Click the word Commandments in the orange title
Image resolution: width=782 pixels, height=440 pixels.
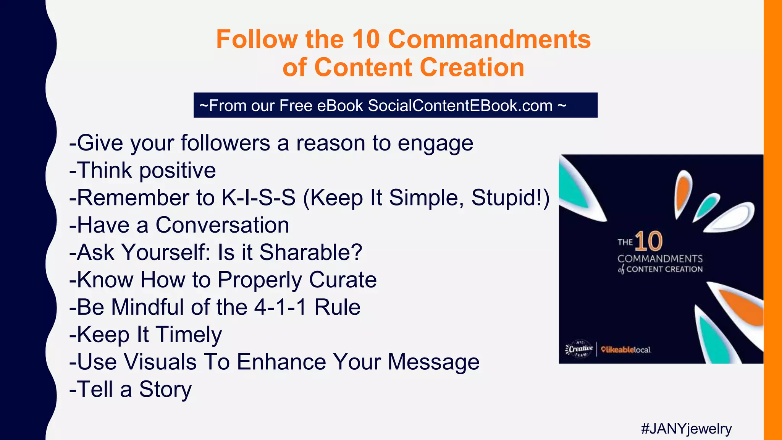(489, 39)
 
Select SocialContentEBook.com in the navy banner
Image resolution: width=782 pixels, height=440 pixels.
(460, 105)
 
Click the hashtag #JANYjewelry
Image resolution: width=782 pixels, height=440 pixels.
(686, 429)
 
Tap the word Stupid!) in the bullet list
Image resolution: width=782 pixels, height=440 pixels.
(510, 198)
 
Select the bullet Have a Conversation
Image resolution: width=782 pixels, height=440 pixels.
(179, 225)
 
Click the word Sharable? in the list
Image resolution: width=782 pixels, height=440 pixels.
(310, 252)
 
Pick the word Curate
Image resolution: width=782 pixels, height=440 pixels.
(343, 280)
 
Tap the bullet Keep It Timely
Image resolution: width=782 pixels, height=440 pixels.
(145, 335)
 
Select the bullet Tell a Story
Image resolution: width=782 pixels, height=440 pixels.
(131, 389)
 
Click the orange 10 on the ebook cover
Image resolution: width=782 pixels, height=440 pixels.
(648, 241)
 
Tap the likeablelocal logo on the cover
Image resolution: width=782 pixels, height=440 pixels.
(625, 349)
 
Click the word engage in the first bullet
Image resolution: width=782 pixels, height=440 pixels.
(435, 143)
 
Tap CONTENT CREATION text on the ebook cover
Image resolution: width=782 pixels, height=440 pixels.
(664, 269)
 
